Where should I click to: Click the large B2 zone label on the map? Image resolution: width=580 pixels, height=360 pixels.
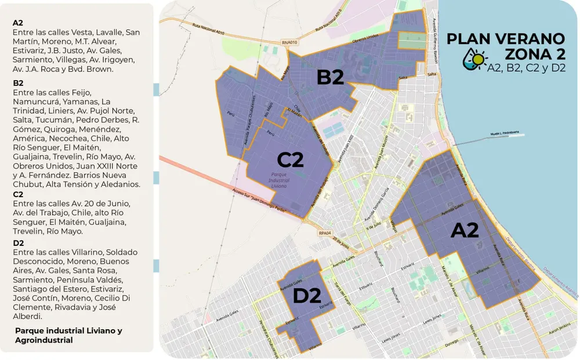[330, 77]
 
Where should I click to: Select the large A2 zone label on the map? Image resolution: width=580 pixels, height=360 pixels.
[465, 230]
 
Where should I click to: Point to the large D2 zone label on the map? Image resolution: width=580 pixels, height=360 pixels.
[306, 296]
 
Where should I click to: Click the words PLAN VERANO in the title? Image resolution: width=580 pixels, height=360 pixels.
[506, 39]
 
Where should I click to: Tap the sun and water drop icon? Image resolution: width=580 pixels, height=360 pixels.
[473, 59]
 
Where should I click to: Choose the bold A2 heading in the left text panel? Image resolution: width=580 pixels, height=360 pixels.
[18, 23]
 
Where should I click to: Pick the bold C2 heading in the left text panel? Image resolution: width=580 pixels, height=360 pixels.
[18, 194]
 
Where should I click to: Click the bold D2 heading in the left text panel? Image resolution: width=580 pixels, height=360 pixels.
[18, 242]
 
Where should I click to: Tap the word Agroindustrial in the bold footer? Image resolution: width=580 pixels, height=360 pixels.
[44, 340]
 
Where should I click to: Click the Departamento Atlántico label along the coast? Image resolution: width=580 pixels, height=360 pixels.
[560, 279]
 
